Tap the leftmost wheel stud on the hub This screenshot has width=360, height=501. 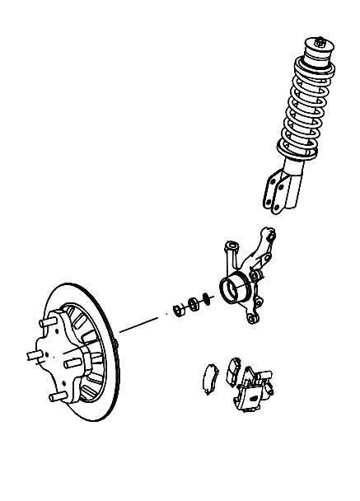point(34,355)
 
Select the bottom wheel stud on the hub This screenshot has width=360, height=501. point(56,398)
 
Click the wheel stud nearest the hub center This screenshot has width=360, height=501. point(72,359)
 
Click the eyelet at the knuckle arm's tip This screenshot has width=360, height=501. point(265,232)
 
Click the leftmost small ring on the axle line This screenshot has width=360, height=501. point(177,310)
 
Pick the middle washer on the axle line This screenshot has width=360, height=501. point(194,305)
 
